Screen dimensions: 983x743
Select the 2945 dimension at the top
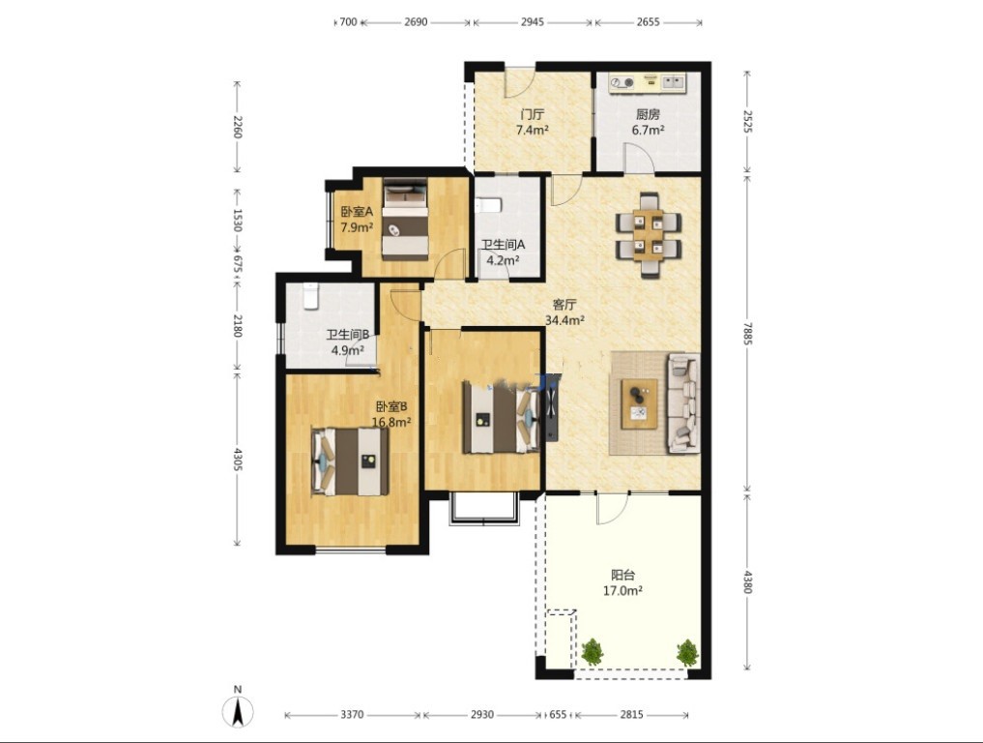click(532, 22)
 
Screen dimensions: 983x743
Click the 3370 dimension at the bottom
click(352, 715)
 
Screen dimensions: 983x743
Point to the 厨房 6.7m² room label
click(648, 122)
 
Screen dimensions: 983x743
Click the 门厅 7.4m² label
click(533, 122)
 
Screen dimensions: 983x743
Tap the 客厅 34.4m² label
click(564, 312)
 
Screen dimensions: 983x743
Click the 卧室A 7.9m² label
click(357, 219)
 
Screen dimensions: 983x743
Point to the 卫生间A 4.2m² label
click(503, 253)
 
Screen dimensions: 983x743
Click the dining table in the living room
click(649, 235)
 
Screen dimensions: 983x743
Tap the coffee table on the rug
click(640, 403)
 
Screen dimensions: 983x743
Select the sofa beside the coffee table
click(683, 402)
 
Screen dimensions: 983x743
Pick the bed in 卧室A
click(405, 219)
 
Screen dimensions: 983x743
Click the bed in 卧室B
click(350, 461)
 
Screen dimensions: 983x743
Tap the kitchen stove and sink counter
click(647, 83)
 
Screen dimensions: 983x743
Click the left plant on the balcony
click(592, 653)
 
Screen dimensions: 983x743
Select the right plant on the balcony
click(688, 653)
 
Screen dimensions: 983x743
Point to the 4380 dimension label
click(746, 581)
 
